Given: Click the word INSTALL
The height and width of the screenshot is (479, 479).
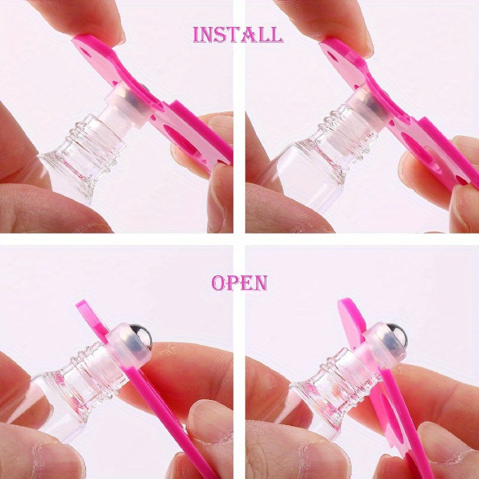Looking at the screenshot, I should tap(238, 34).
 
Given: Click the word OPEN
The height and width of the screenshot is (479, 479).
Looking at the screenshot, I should tap(239, 283).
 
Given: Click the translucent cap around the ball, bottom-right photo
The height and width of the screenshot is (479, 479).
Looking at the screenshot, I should tap(383, 347).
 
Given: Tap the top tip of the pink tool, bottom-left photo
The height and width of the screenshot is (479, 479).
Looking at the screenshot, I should tap(81, 305).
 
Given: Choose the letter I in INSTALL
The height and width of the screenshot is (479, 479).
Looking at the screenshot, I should tap(196, 34).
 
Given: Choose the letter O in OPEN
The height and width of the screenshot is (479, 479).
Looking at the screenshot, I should tap(219, 283).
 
